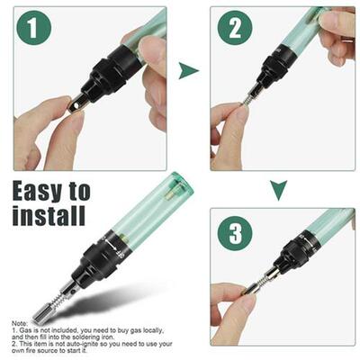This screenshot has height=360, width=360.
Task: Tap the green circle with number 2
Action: pyautogui.click(x=235, y=31)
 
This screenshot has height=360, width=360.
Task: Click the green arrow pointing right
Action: pyautogui.click(x=188, y=70)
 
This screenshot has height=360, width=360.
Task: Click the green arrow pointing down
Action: pyautogui.click(x=279, y=188)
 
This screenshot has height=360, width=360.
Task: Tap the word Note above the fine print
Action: pyautogui.click(x=21, y=322)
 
